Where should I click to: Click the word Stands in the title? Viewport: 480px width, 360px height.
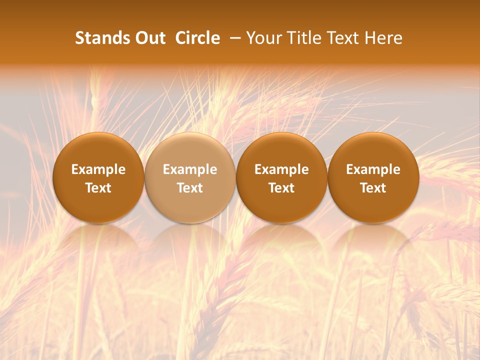(x=102, y=38)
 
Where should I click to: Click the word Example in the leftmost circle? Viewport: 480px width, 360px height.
(x=98, y=169)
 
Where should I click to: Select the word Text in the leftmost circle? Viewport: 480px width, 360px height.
(x=98, y=188)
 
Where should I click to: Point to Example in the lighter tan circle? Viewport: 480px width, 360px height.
(x=190, y=169)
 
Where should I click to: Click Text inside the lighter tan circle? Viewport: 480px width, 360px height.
(x=190, y=188)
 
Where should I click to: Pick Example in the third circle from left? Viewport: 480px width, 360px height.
(x=281, y=169)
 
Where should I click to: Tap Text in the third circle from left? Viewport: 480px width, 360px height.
(x=281, y=188)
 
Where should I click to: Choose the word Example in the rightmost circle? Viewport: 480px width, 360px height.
(x=373, y=169)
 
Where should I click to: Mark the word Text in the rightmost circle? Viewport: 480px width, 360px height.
(x=373, y=188)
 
